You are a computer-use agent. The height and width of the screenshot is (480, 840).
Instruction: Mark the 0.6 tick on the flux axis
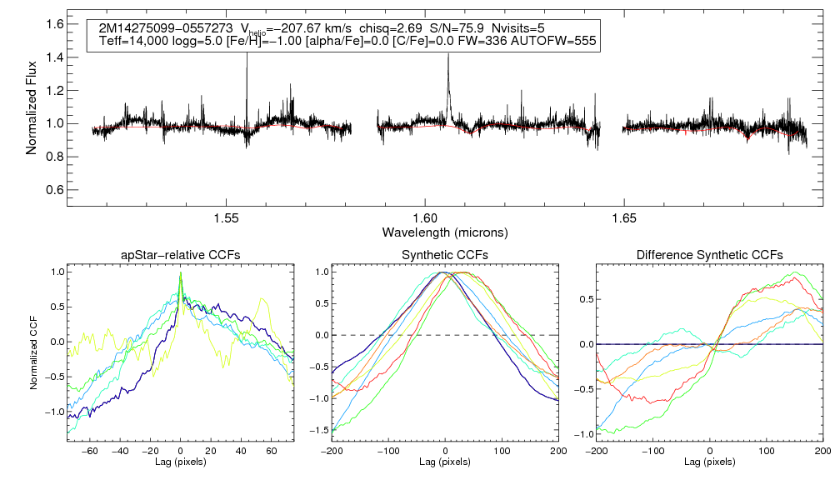pyautogui.click(x=56, y=189)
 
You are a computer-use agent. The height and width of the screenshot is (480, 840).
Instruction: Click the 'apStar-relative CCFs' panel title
pyautogui.click(x=180, y=254)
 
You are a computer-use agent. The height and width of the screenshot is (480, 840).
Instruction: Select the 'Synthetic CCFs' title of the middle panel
pyautogui.click(x=445, y=254)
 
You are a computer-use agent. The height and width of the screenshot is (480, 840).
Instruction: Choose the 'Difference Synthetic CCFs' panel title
pyautogui.click(x=709, y=254)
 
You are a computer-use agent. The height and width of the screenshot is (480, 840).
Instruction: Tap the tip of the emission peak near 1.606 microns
pyautogui.click(x=448, y=55)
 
